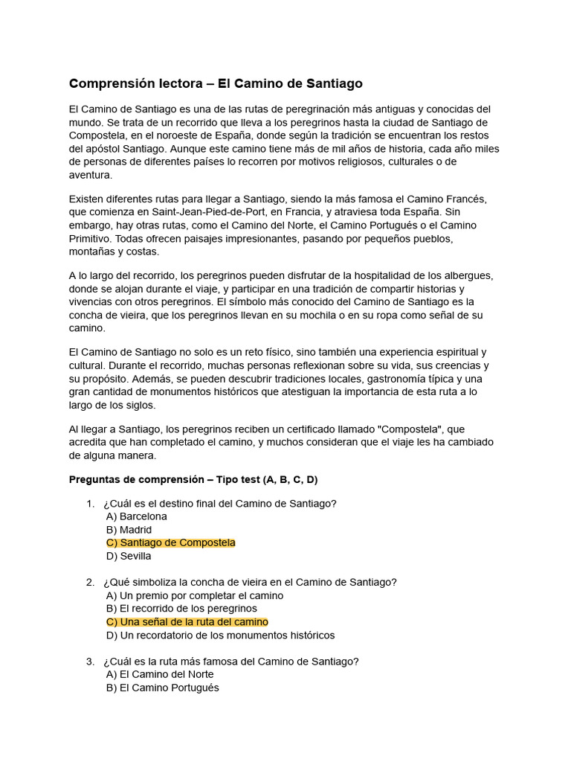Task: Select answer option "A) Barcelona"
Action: click(137, 516)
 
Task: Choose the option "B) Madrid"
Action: click(129, 530)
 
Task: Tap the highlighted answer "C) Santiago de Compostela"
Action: click(171, 543)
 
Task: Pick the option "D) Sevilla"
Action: click(129, 556)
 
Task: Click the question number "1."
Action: click(90, 504)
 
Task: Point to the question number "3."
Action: click(90, 662)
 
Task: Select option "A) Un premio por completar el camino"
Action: click(195, 596)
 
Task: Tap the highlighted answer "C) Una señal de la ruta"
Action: click(187, 622)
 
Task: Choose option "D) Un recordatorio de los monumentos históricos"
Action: click(221, 635)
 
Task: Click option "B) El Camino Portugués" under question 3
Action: click(163, 688)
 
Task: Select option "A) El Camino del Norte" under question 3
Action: click(160, 675)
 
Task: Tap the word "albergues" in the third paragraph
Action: click(468, 276)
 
